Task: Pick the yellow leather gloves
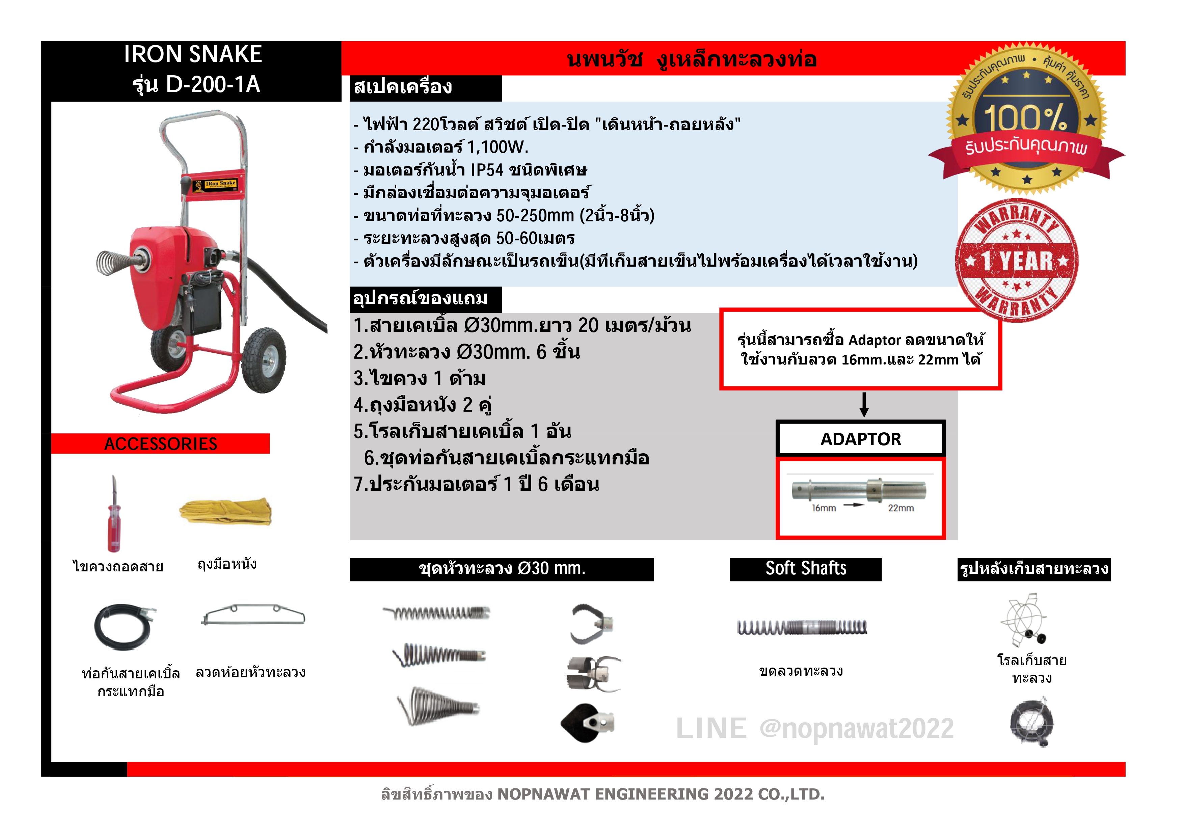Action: (226, 512)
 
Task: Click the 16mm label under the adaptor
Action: (824, 509)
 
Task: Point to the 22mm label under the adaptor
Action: (900, 509)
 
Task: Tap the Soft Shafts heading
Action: (806, 569)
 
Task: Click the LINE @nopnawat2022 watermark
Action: (814, 729)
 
